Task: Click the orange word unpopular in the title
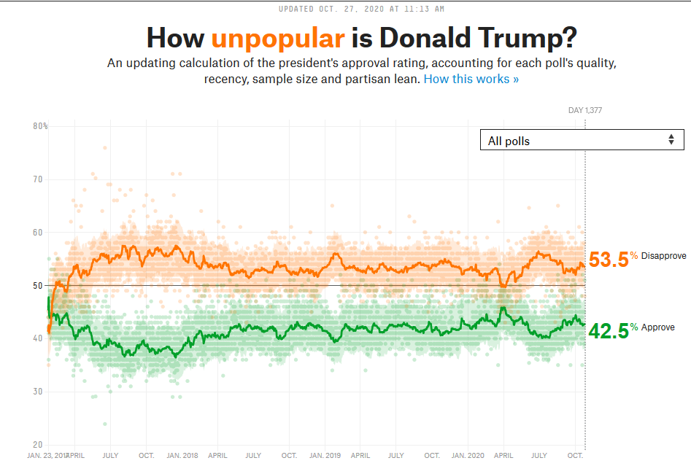click(278, 38)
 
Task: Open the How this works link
click(471, 79)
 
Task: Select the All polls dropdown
click(582, 140)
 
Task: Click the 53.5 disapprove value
click(609, 260)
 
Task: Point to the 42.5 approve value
click(609, 331)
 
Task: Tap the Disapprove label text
click(663, 256)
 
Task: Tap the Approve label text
click(658, 327)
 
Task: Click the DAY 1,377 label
click(585, 111)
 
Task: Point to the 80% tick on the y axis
click(40, 126)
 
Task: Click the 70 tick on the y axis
click(38, 179)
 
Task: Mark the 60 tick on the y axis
click(38, 233)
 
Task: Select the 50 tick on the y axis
click(38, 285)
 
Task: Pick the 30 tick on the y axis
click(38, 392)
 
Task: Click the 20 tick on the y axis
click(38, 445)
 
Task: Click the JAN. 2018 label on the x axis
click(182, 455)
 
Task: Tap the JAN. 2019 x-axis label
click(325, 455)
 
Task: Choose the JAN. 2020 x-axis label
click(468, 455)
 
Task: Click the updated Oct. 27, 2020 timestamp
click(361, 9)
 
